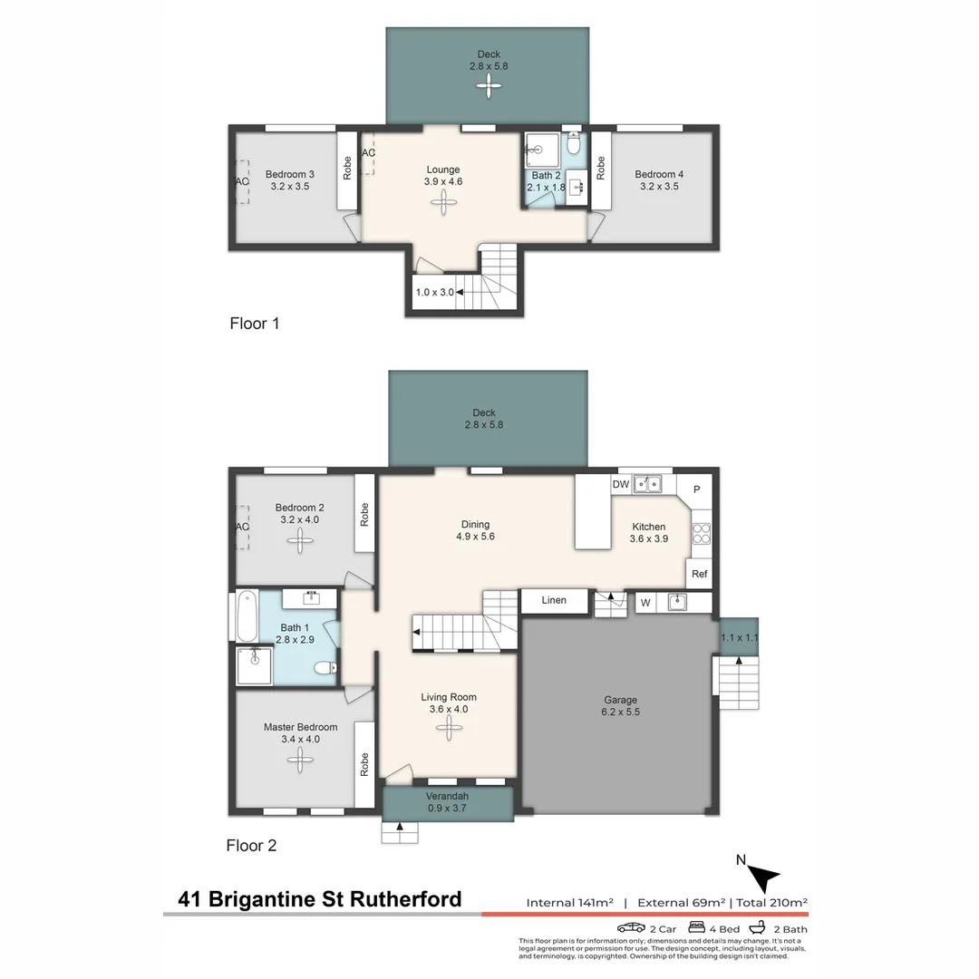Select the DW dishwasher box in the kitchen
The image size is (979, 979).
pyautogui.click(x=621, y=485)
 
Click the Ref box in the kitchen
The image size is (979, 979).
pyautogui.click(x=699, y=574)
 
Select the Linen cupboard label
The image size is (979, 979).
pyautogui.click(x=554, y=600)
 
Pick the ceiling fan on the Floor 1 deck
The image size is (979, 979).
pyautogui.click(x=489, y=86)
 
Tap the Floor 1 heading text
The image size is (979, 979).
pyautogui.click(x=254, y=323)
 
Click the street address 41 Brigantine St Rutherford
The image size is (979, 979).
pyautogui.click(x=320, y=899)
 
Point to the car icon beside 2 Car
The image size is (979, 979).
pyautogui.click(x=631, y=928)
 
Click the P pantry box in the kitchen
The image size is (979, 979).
pyautogui.click(x=696, y=489)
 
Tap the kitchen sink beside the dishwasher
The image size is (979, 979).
pyautogui.click(x=647, y=485)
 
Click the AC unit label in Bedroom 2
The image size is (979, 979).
pyautogui.click(x=242, y=527)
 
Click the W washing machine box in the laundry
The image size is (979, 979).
pyautogui.click(x=645, y=601)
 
